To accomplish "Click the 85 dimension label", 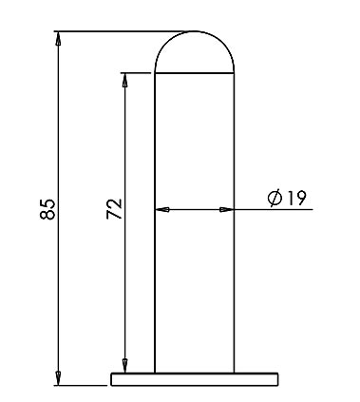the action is [47, 209].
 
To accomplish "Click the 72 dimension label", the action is [114, 209].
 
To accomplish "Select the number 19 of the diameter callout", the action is [296, 198].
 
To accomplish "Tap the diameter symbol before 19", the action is [275, 199].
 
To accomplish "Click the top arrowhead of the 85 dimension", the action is [58, 39].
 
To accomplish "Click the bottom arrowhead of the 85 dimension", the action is [58, 378].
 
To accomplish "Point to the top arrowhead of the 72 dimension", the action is [125, 80].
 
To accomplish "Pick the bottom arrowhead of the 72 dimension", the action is [125, 366].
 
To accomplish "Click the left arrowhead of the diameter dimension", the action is [162, 209].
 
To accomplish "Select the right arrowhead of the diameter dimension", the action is [227, 209].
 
